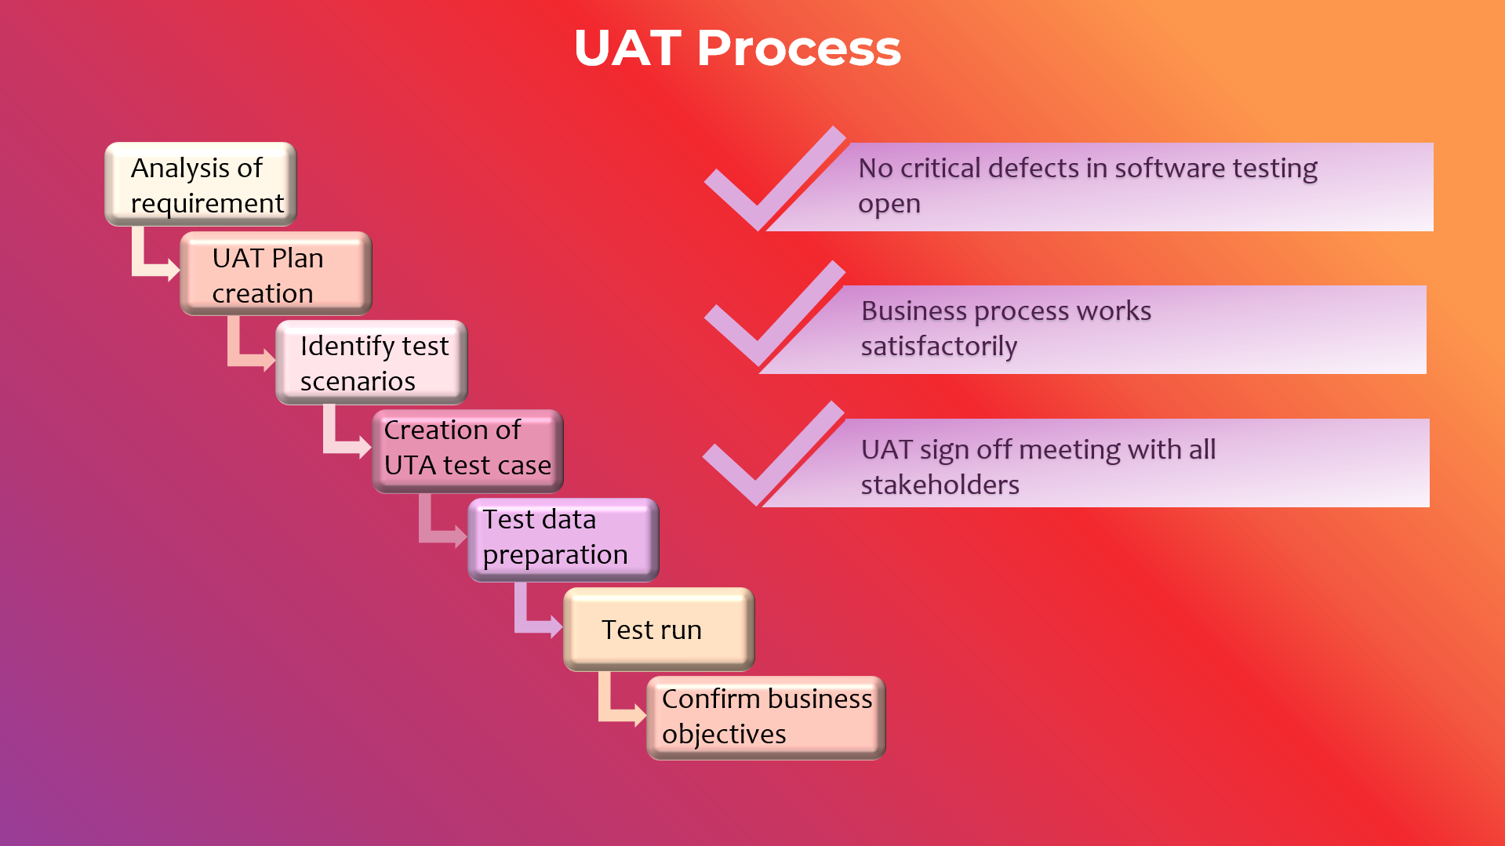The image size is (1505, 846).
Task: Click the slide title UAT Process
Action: pos(737,49)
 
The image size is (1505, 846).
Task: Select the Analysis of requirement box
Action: pos(201,184)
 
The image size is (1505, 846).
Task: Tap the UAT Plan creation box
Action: pos(276,274)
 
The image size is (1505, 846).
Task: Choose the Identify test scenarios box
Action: pos(372,362)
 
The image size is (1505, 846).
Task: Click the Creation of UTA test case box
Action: pos(468,452)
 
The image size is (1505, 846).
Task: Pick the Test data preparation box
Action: pos(564,540)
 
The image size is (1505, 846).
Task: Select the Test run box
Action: pos(660,630)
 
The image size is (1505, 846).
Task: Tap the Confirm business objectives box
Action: pos(766,718)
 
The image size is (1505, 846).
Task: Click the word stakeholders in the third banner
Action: pos(940,485)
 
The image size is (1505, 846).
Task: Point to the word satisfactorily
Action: pos(940,347)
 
